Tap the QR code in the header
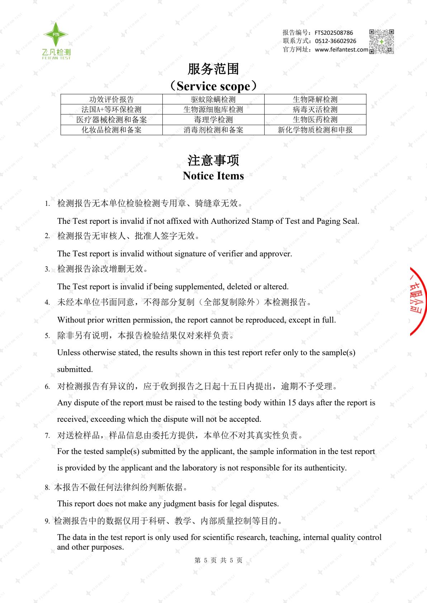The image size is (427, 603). pos(381,42)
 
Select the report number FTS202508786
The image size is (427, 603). pos(334,33)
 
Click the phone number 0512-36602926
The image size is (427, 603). pos(336,41)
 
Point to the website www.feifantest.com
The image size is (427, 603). pos(341,50)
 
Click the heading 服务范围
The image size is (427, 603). pos(213,69)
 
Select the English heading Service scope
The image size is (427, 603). pos(213,86)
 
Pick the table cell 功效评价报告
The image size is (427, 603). pos(112,100)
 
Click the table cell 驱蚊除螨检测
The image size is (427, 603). pos(213,100)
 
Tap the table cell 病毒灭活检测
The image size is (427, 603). pos(315,110)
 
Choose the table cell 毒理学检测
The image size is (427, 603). pos(213,120)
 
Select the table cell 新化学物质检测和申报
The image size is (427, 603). pos(315,130)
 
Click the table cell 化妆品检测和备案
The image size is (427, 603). pos(112,130)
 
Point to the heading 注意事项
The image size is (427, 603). pos(213,160)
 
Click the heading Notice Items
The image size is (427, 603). pos(213,176)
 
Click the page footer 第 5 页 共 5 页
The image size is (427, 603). pos(218,560)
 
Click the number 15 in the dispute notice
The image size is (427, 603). pos(292,403)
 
